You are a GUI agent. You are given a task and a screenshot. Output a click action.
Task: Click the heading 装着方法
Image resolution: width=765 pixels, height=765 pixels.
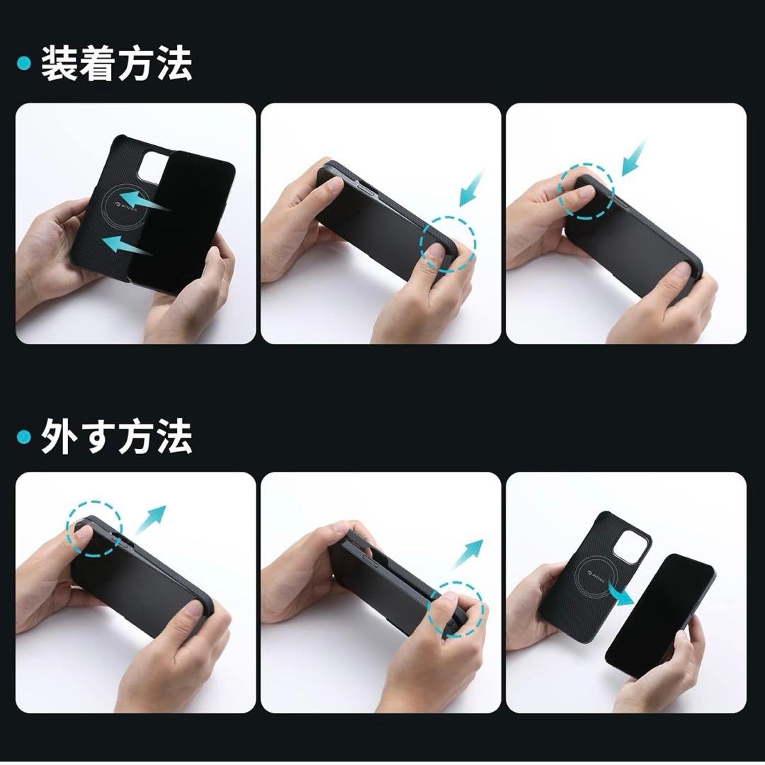(117, 64)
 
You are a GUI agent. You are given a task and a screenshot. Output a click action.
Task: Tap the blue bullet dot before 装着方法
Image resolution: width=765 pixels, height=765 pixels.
(24, 64)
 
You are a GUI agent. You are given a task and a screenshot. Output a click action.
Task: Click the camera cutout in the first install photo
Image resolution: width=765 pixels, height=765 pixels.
(152, 167)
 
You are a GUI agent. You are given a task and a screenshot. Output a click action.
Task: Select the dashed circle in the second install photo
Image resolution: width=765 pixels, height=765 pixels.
(448, 244)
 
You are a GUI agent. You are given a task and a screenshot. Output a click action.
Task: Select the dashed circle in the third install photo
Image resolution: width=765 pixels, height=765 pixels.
(585, 193)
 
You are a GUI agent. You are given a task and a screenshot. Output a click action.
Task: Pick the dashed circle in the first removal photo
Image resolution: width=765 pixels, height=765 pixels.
(94, 528)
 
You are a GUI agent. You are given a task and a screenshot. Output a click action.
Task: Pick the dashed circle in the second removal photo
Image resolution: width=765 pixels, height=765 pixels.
(458, 608)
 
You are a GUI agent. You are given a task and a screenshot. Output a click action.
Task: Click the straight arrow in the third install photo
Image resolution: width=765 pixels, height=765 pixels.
(634, 157)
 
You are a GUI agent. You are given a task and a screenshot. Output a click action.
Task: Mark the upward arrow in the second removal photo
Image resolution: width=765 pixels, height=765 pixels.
(467, 553)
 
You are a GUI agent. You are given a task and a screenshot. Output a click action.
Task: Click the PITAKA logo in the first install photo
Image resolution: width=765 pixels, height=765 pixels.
(118, 210)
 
